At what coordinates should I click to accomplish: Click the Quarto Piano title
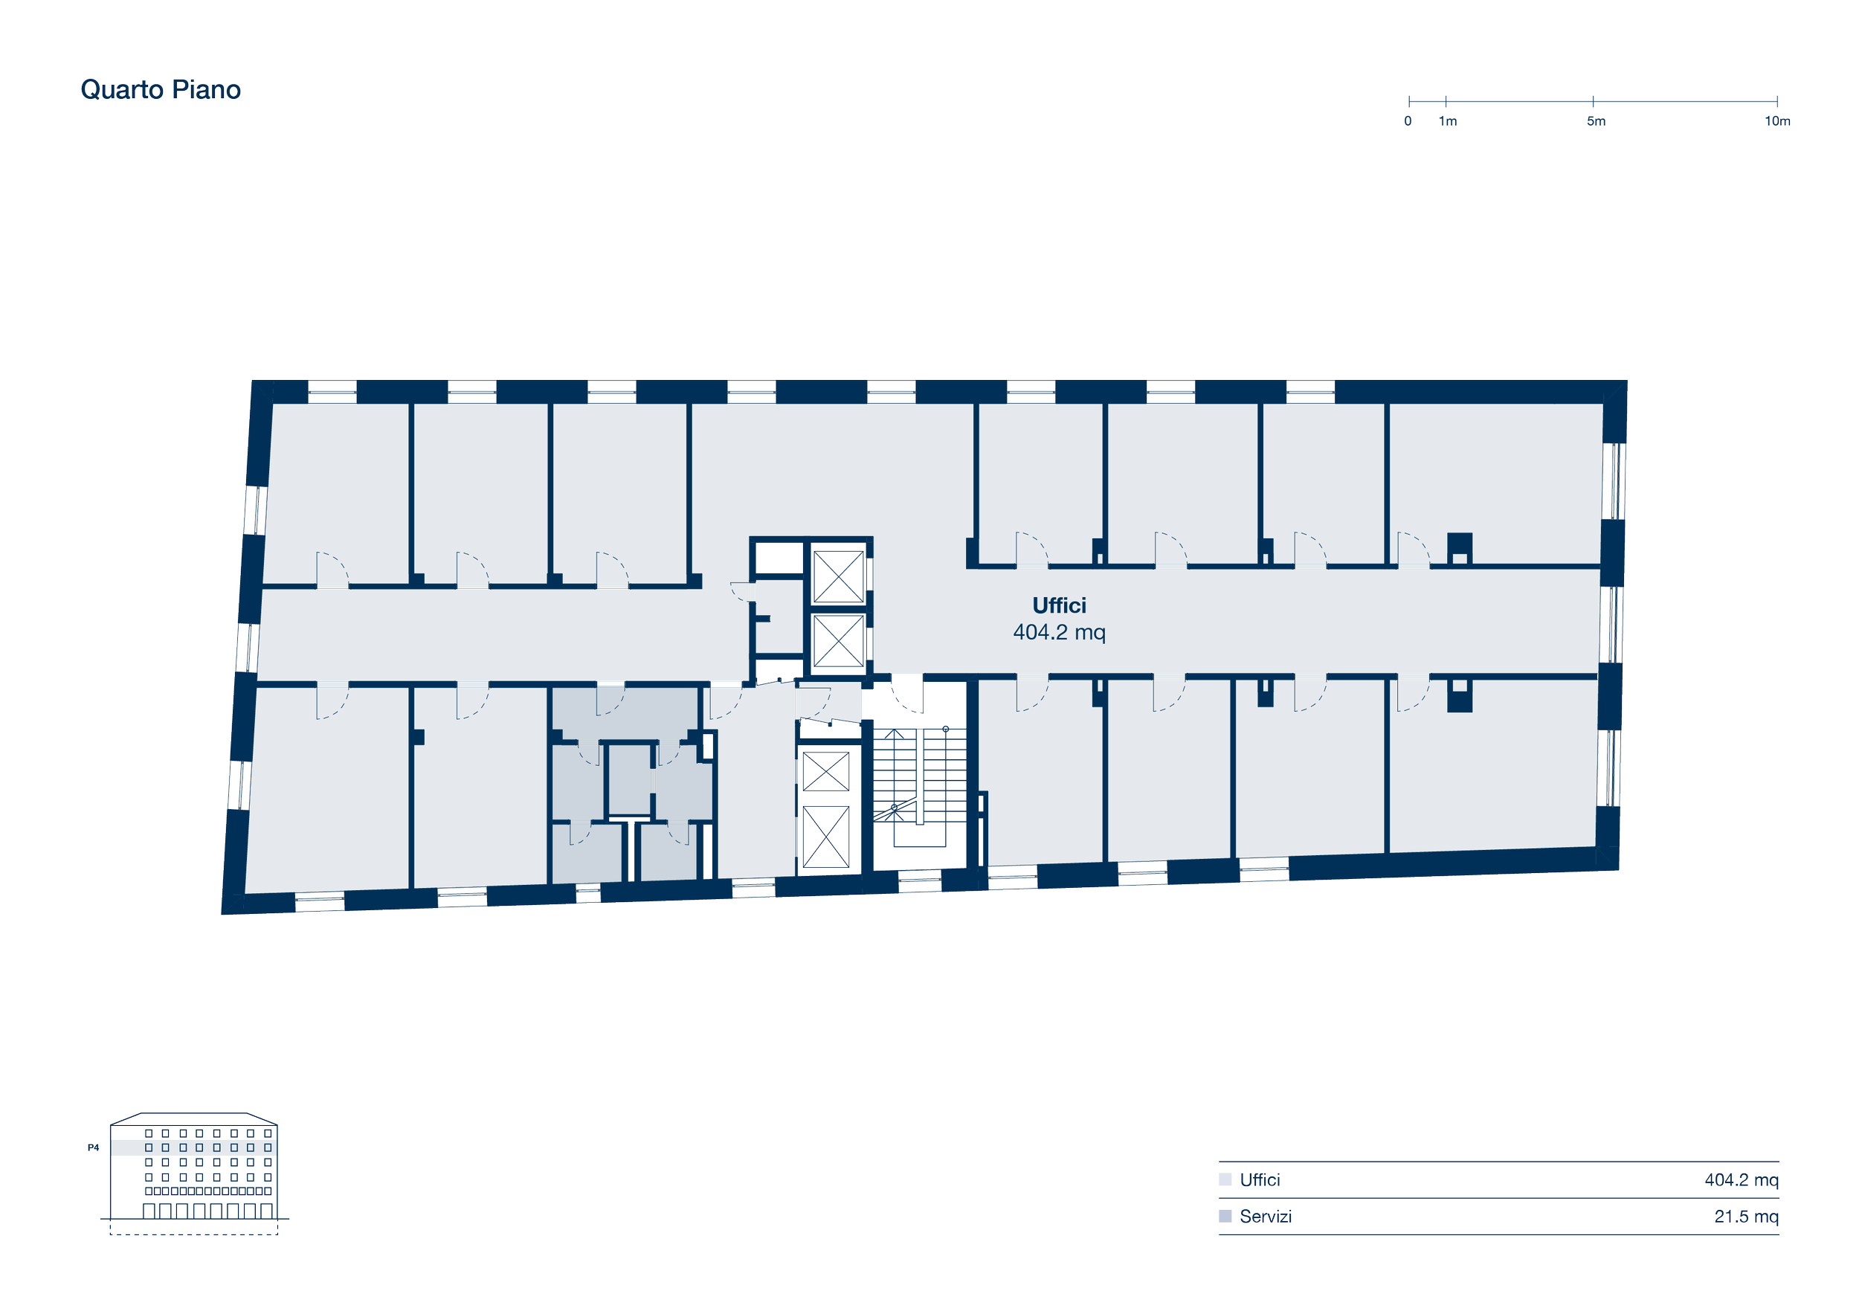click(x=161, y=89)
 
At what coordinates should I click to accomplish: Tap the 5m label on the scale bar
click(x=1595, y=121)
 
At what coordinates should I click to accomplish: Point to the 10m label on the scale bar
click(x=1777, y=121)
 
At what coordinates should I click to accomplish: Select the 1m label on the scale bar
click(x=1448, y=121)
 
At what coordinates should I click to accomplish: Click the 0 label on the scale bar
click(x=1408, y=121)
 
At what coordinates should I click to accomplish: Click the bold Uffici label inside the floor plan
click(x=1059, y=605)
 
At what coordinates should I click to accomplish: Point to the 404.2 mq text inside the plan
click(x=1059, y=632)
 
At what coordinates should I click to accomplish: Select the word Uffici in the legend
click(x=1260, y=1179)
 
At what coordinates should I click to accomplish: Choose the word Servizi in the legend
click(x=1266, y=1216)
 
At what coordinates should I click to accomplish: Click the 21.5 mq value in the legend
click(x=1747, y=1216)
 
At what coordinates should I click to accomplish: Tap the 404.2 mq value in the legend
click(x=1742, y=1179)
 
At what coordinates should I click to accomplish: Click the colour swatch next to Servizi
click(x=1225, y=1216)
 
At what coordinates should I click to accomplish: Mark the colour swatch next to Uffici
click(x=1225, y=1179)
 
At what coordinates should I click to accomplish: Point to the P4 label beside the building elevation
click(x=93, y=1147)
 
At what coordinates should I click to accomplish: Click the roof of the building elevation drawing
click(x=194, y=1119)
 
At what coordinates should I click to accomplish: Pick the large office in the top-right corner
click(x=1496, y=483)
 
